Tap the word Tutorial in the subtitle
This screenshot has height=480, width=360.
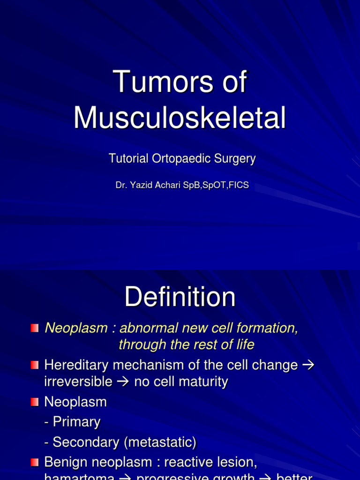click(x=129, y=159)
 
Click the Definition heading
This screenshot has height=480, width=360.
click(x=180, y=297)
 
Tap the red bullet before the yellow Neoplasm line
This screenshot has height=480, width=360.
click(x=35, y=328)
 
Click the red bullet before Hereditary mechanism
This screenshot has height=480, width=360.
click(x=35, y=365)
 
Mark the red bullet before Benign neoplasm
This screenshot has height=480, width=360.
click(x=35, y=462)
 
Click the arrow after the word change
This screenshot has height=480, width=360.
click(x=308, y=365)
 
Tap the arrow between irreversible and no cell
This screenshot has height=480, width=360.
click(x=123, y=382)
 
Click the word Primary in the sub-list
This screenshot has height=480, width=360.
click(x=77, y=422)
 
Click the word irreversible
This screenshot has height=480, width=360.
click(x=78, y=382)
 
